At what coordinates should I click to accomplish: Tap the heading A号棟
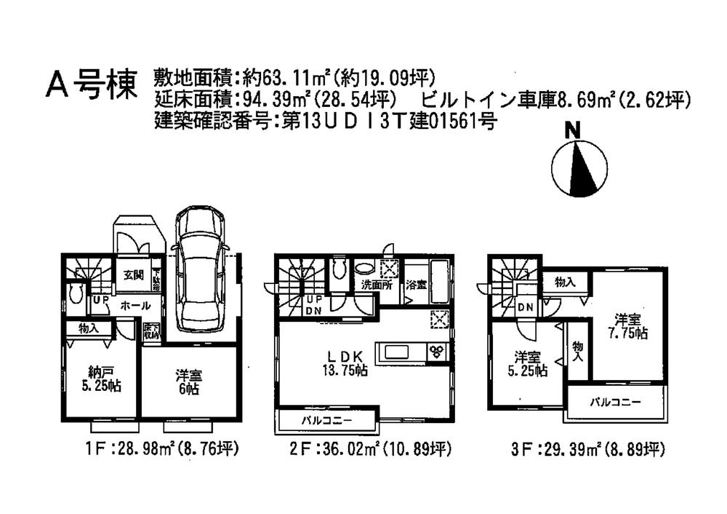tap(92, 84)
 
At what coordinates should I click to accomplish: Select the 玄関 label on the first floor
tap(132, 274)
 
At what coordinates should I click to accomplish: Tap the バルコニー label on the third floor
tap(614, 401)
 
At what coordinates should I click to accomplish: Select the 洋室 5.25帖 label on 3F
tap(528, 363)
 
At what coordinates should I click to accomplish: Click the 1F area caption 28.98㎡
tap(161, 450)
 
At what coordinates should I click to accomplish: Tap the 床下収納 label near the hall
tap(151, 331)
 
